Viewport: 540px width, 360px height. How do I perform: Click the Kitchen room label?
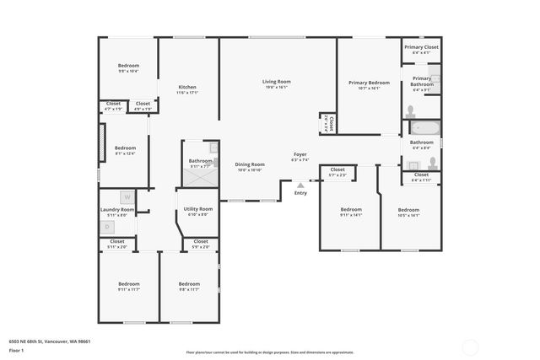187,88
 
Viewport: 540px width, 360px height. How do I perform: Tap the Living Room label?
275,82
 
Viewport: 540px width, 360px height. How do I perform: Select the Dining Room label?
250,164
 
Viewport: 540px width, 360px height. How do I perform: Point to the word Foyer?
300,154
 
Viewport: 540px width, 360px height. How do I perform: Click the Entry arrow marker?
300,185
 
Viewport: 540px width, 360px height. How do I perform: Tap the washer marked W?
127,198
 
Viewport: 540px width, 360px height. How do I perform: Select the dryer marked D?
108,226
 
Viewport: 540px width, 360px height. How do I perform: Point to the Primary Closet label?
421,48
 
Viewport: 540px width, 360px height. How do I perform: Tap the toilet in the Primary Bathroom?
411,110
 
